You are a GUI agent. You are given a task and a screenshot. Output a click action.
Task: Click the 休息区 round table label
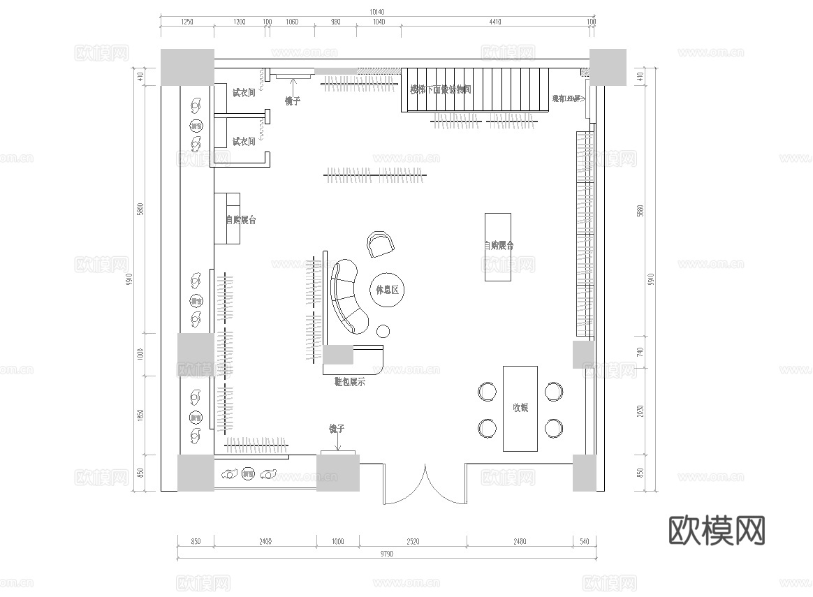click(386, 290)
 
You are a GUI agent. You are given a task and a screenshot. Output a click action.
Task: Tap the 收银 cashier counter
click(520, 408)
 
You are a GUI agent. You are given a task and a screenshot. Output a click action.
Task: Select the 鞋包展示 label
click(350, 382)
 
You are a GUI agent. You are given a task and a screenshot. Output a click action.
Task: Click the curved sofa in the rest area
click(346, 297)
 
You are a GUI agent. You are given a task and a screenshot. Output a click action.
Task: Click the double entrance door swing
click(425, 486)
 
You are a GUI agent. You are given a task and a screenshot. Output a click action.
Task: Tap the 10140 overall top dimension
click(376, 12)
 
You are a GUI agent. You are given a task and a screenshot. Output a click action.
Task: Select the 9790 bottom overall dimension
click(386, 554)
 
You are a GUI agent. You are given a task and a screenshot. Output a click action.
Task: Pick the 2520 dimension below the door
click(413, 541)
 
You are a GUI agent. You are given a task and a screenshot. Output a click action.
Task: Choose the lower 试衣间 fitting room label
click(243, 142)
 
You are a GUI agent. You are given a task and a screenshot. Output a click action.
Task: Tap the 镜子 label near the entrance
click(337, 428)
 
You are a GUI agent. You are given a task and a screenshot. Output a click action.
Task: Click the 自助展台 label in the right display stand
click(499, 246)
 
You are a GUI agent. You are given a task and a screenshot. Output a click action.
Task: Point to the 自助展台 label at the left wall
click(240, 220)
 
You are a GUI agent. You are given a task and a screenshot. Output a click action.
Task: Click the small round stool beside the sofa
click(383, 331)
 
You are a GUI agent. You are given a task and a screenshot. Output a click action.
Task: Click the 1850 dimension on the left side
click(140, 415)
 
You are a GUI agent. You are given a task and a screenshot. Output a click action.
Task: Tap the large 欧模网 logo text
click(717, 531)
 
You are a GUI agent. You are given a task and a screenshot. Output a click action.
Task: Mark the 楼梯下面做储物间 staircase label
click(441, 89)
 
